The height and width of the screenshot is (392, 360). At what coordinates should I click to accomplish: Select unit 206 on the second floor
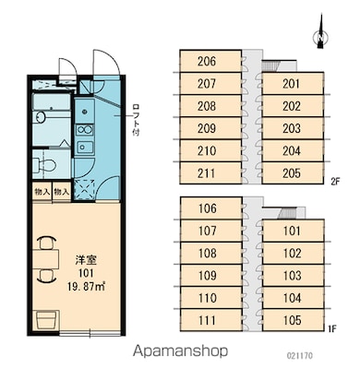tap(210, 61)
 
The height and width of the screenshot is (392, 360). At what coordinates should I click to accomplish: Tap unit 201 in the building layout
tap(293, 84)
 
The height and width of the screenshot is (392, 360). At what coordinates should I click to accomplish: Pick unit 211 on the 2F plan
tap(210, 173)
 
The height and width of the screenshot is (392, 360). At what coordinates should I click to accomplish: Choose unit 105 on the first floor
tap(294, 320)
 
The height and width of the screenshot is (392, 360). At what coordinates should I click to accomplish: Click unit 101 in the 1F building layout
tap(294, 231)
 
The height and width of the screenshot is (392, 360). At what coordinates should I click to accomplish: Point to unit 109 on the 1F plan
tap(211, 276)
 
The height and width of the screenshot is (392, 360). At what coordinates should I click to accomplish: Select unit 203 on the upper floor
tap(293, 128)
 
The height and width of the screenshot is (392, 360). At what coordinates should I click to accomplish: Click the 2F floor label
tap(335, 182)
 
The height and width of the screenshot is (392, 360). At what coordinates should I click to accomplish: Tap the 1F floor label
tap(332, 329)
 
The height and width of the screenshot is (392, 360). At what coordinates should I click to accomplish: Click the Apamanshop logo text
tap(180, 350)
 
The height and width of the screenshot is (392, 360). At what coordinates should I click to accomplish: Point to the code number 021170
tap(300, 356)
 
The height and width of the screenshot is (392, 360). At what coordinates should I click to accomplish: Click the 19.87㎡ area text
tap(87, 287)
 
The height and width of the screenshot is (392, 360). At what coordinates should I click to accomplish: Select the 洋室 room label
tap(87, 260)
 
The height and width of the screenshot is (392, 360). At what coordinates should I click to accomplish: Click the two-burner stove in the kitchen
tap(85, 130)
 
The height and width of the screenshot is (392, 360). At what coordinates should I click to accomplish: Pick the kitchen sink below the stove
tap(85, 148)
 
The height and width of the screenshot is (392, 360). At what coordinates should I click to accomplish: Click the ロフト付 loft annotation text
tap(136, 120)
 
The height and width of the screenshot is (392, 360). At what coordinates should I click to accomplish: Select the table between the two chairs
tap(45, 259)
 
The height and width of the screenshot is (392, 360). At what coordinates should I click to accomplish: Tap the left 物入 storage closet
tap(42, 192)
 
